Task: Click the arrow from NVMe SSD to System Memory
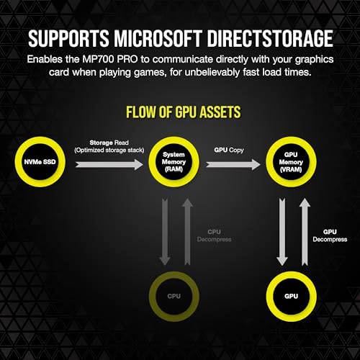109,165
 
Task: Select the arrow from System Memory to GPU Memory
233,165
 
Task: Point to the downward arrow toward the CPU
165,232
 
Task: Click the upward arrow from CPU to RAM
187,232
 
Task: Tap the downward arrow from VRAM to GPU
282,232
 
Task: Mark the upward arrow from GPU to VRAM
305,232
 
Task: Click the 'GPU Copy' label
229,150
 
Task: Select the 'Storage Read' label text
109,143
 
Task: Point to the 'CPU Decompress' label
214,235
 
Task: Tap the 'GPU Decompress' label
330,235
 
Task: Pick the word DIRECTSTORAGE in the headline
270,38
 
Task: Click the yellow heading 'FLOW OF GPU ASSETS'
184,112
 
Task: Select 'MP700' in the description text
98,59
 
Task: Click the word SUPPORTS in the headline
68,38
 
